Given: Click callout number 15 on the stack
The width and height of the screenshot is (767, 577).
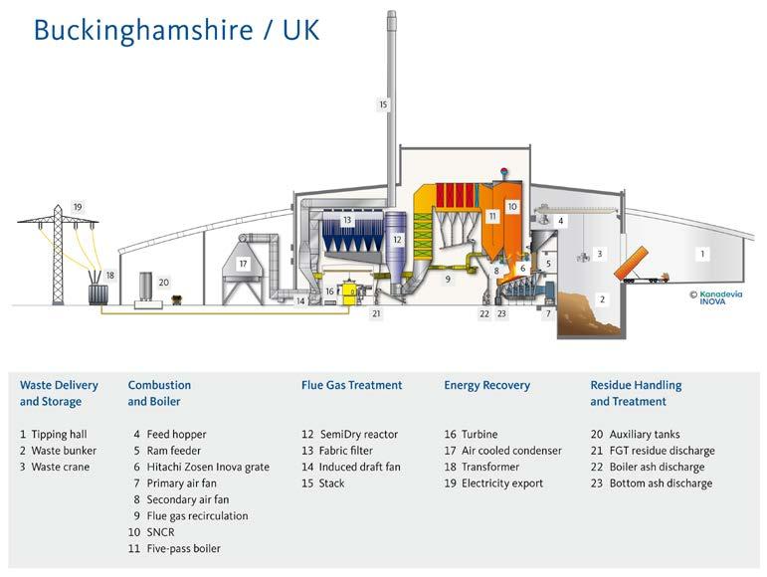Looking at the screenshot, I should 383,103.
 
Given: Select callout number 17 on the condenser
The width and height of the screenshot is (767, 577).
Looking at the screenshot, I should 243,264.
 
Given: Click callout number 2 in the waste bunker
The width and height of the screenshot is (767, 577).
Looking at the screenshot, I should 601,298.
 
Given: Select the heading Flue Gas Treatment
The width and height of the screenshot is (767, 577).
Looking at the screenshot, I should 351,385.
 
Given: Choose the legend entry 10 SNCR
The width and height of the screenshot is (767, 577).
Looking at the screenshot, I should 159,532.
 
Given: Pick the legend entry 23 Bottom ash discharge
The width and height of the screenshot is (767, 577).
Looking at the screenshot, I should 651,483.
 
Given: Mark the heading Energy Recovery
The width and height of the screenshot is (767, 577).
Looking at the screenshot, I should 486,385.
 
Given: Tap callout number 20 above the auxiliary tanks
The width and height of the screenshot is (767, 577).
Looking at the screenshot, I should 164,283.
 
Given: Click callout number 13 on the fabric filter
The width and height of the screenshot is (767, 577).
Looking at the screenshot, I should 347,220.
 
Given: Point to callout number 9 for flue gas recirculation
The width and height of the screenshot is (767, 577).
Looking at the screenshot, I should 448,280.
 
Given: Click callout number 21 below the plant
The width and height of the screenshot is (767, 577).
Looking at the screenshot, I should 376,313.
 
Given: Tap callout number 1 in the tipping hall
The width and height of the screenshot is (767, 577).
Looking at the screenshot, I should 701,254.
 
